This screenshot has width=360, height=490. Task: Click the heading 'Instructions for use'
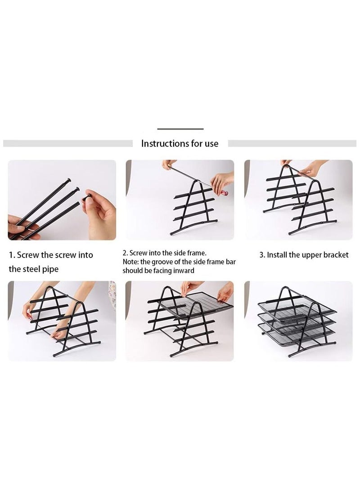[x=180, y=143]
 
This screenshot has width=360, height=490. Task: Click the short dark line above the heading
[x=180, y=129]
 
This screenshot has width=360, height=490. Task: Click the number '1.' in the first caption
[x=12, y=255]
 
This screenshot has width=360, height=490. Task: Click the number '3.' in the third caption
[x=262, y=255]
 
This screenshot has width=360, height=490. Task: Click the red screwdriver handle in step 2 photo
[x=223, y=192]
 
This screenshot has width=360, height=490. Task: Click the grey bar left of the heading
[x=67, y=143]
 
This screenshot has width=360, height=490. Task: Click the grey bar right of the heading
[x=292, y=143]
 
